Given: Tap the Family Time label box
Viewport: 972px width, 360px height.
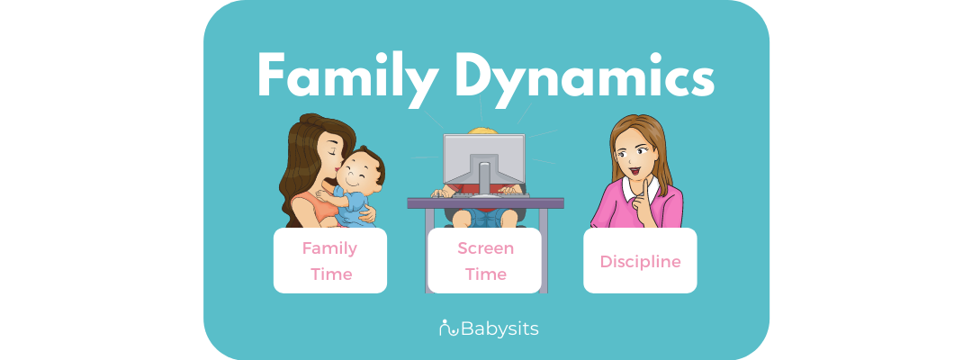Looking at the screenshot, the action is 329,260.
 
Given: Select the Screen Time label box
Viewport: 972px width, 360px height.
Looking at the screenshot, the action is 485,260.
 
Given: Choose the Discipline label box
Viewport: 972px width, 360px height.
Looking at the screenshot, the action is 640,260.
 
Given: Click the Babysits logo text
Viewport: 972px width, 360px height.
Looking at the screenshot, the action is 499,328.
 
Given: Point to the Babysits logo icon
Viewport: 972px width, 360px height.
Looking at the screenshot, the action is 448,328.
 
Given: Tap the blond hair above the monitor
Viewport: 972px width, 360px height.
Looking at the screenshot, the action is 484,130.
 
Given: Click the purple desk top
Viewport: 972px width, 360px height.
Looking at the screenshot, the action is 485,202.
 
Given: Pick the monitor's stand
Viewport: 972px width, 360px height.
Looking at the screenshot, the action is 483,175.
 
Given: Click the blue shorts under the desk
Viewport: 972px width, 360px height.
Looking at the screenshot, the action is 484,216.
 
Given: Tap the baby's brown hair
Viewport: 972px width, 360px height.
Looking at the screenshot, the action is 371,162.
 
